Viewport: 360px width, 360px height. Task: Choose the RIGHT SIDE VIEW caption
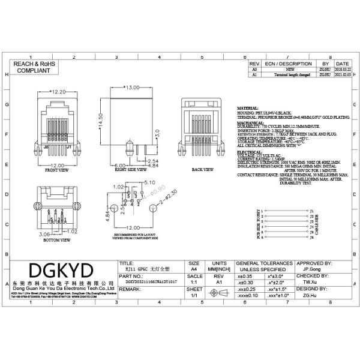(129, 170)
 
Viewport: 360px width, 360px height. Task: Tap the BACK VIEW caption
(202, 170)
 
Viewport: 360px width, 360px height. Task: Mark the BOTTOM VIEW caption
(56, 239)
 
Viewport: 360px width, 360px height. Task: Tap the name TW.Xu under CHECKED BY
(310, 281)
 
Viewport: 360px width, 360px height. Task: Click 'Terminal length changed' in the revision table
(284, 76)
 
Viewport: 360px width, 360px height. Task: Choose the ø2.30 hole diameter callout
(170, 193)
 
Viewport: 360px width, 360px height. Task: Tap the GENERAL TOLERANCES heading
(264, 263)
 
